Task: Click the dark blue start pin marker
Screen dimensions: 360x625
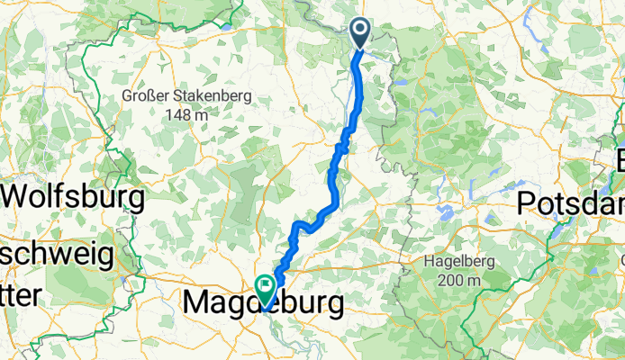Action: tap(359, 32)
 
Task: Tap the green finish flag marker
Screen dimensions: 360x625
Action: tap(267, 289)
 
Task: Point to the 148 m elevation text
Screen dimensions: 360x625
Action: tap(186, 114)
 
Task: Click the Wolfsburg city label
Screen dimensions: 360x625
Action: tap(74, 194)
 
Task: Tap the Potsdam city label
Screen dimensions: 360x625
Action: tap(571, 203)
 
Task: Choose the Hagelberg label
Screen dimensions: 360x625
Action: tap(461, 262)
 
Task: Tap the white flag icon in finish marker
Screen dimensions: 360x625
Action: tap(267, 285)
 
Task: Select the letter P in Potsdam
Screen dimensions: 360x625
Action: tap(527, 203)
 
